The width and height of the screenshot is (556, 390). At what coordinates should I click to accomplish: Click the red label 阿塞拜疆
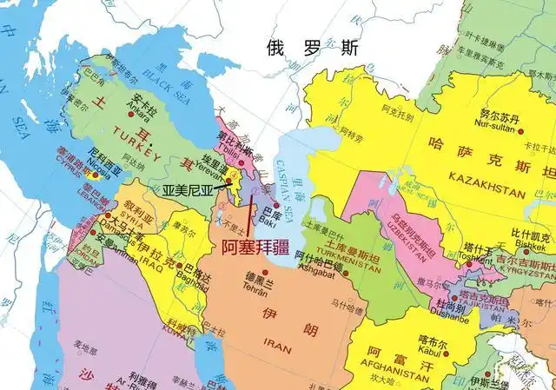click(254, 246)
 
